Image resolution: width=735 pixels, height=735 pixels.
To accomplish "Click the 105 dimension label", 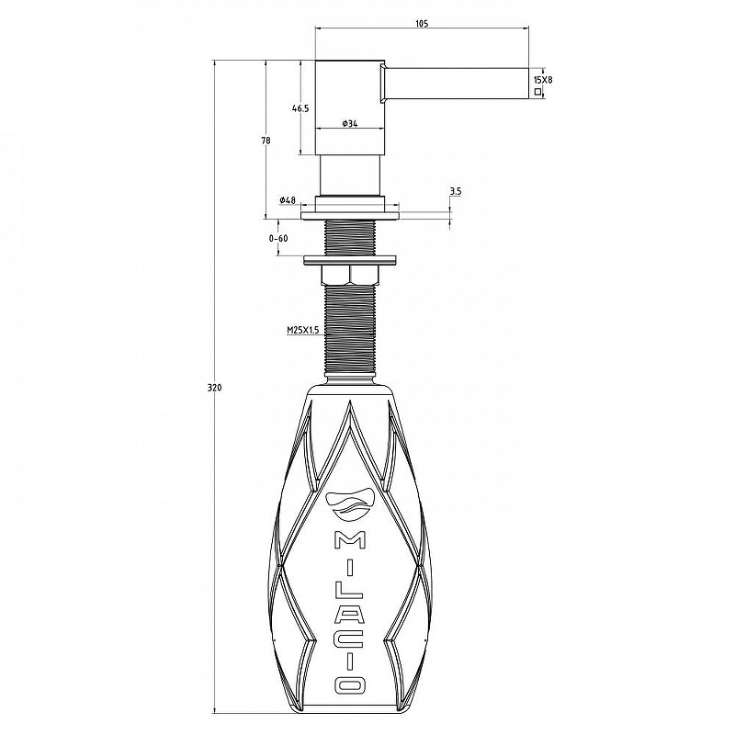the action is [422, 24].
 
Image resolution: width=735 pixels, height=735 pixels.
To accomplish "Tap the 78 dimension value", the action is [266, 141].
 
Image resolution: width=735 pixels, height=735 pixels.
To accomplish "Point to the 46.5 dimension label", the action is [300, 108].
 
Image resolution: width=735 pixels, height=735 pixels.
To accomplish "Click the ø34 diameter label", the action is [350, 123].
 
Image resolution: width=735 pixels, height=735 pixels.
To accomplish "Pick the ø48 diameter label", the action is [288, 200].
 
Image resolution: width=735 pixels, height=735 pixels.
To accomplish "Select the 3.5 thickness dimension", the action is [456, 191].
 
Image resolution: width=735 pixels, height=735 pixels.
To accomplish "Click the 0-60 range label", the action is [278, 238].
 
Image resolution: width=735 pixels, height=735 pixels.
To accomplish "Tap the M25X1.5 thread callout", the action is [303, 330].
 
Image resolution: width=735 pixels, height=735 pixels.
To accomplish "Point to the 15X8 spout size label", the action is [543, 80].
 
